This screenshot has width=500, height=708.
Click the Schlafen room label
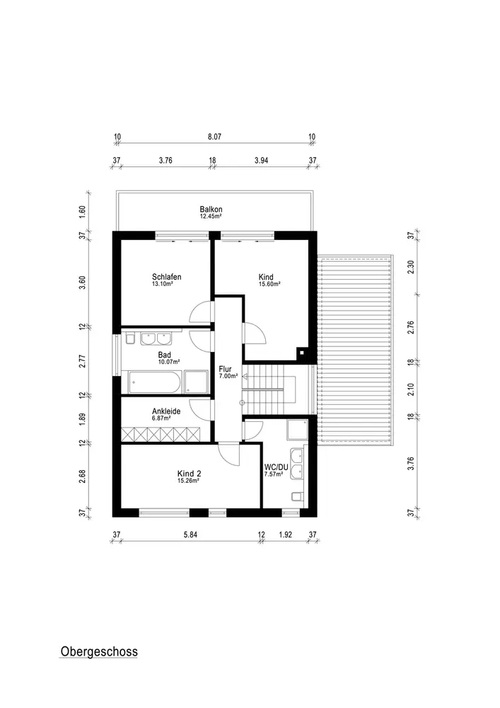(x=166, y=277)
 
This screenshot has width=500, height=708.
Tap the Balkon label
(x=211, y=210)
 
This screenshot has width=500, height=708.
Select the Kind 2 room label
(x=189, y=474)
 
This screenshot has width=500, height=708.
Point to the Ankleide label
(x=166, y=411)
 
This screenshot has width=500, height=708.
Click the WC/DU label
(x=276, y=467)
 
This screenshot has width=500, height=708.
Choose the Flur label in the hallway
(x=225, y=369)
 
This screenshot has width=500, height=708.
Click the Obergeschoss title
(x=99, y=651)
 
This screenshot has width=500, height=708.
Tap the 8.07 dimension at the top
(x=214, y=137)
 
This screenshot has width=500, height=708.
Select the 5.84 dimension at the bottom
(x=190, y=535)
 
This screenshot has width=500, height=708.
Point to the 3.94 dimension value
(x=262, y=160)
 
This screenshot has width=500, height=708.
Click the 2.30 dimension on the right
(x=411, y=267)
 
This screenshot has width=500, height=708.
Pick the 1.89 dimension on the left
(x=82, y=419)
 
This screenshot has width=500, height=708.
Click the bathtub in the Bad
(x=155, y=382)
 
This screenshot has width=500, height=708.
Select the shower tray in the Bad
(x=196, y=382)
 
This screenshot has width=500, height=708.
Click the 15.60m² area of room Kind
(x=269, y=285)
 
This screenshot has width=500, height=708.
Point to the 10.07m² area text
(x=169, y=362)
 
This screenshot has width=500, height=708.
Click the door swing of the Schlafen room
(x=199, y=312)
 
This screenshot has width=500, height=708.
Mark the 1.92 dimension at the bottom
(x=286, y=535)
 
